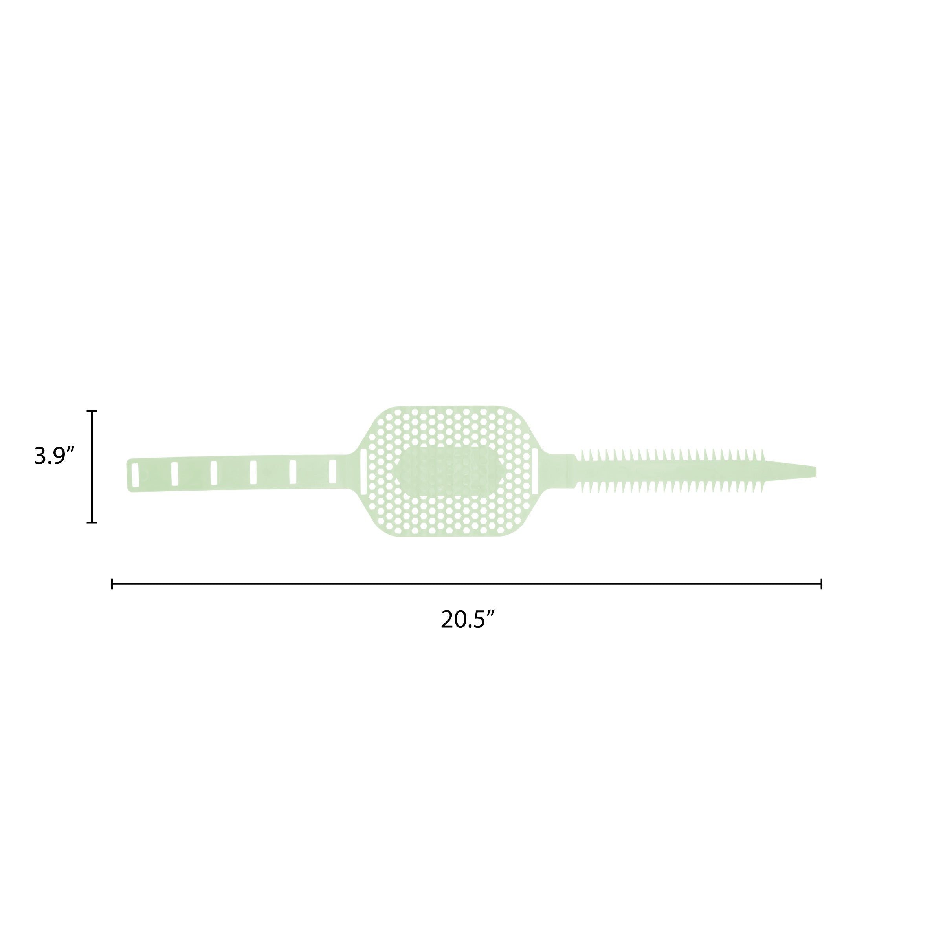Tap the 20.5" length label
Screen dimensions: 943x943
click(468, 619)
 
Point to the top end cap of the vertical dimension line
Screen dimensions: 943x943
click(92, 411)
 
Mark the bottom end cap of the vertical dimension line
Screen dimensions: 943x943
click(92, 522)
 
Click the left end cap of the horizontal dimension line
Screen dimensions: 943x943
click(112, 584)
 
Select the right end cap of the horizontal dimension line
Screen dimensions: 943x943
click(822, 584)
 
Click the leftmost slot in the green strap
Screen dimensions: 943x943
click(135, 475)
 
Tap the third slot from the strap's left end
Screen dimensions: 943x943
click(214, 473)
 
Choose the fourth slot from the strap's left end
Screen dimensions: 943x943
click(253, 472)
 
